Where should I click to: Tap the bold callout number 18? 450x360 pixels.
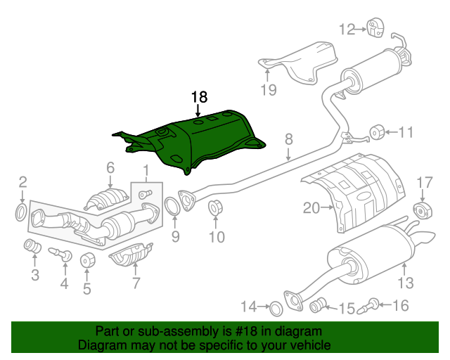point(199,97)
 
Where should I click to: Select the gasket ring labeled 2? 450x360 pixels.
point(21,212)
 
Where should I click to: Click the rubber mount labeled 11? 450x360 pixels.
point(377,131)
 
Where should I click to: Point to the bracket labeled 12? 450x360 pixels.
point(375,27)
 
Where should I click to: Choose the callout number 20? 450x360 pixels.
point(311,207)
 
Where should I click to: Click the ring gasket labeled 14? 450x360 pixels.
point(276,309)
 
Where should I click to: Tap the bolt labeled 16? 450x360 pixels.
point(368,306)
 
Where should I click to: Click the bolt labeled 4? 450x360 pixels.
point(61,254)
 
